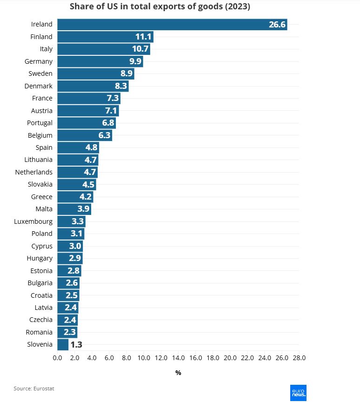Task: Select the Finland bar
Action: pyautogui.click(x=105, y=37)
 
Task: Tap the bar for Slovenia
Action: pyautogui.click(x=63, y=345)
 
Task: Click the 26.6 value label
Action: pyautogui.click(x=277, y=25)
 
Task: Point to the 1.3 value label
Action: pyautogui.click(x=76, y=345)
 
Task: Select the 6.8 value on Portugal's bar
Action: pyautogui.click(x=107, y=123)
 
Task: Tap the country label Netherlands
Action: pyautogui.click(x=34, y=172)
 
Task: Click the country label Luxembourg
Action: pyautogui.click(x=33, y=221)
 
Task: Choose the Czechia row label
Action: pyautogui.click(x=41, y=320)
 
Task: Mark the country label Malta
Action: pyautogui.click(x=44, y=209)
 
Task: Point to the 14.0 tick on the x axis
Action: pyautogui.click(x=178, y=358)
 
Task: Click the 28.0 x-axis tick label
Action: pyautogui.click(x=299, y=358)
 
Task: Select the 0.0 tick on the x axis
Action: pyautogui.click(x=58, y=358)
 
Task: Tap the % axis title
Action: pyautogui.click(x=178, y=373)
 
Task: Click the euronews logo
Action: pyautogui.click(x=298, y=393)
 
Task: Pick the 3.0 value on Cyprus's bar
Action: pyautogui.click(x=75, y=246)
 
